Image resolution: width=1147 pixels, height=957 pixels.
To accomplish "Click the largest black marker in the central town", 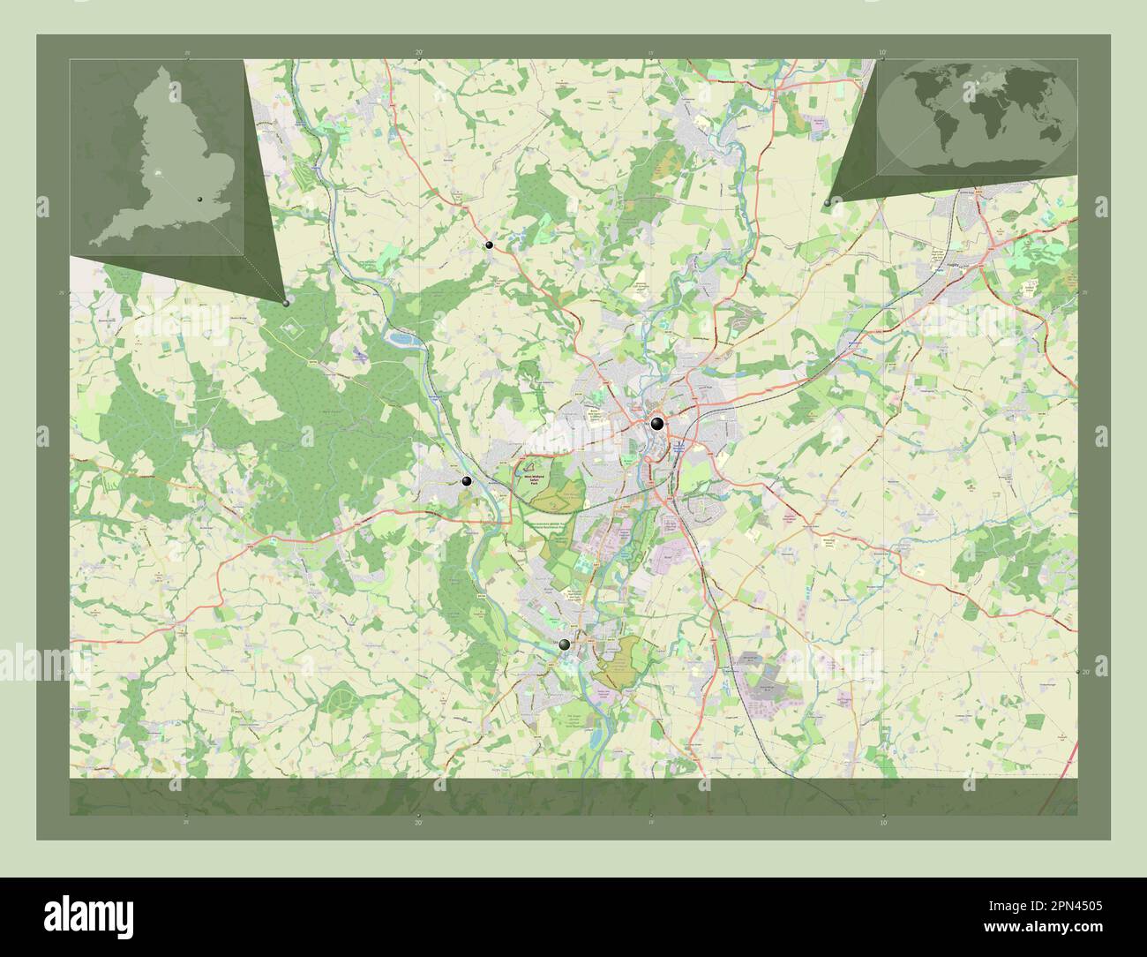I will tap(657, 424).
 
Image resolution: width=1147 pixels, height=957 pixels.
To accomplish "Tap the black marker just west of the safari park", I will tap(466, 481).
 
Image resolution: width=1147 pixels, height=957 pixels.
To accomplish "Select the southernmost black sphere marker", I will tap(565, 645).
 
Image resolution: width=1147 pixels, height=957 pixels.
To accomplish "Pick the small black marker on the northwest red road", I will tap(489, 245).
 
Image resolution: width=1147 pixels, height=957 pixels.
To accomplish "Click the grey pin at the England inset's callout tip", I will tap(286, 303).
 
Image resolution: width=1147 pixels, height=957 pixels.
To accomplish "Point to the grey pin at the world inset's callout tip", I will tap(827, 203).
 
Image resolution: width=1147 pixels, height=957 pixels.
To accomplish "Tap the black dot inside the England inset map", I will tap(200, 200).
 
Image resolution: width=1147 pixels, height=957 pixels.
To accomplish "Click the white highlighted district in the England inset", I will tap(157, 174).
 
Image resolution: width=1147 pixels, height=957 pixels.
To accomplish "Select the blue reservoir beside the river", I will tap(401, 337).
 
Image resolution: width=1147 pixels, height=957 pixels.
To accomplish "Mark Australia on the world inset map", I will tap(1049, 132).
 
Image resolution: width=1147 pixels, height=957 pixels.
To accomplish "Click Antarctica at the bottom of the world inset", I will tap(979, 161).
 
